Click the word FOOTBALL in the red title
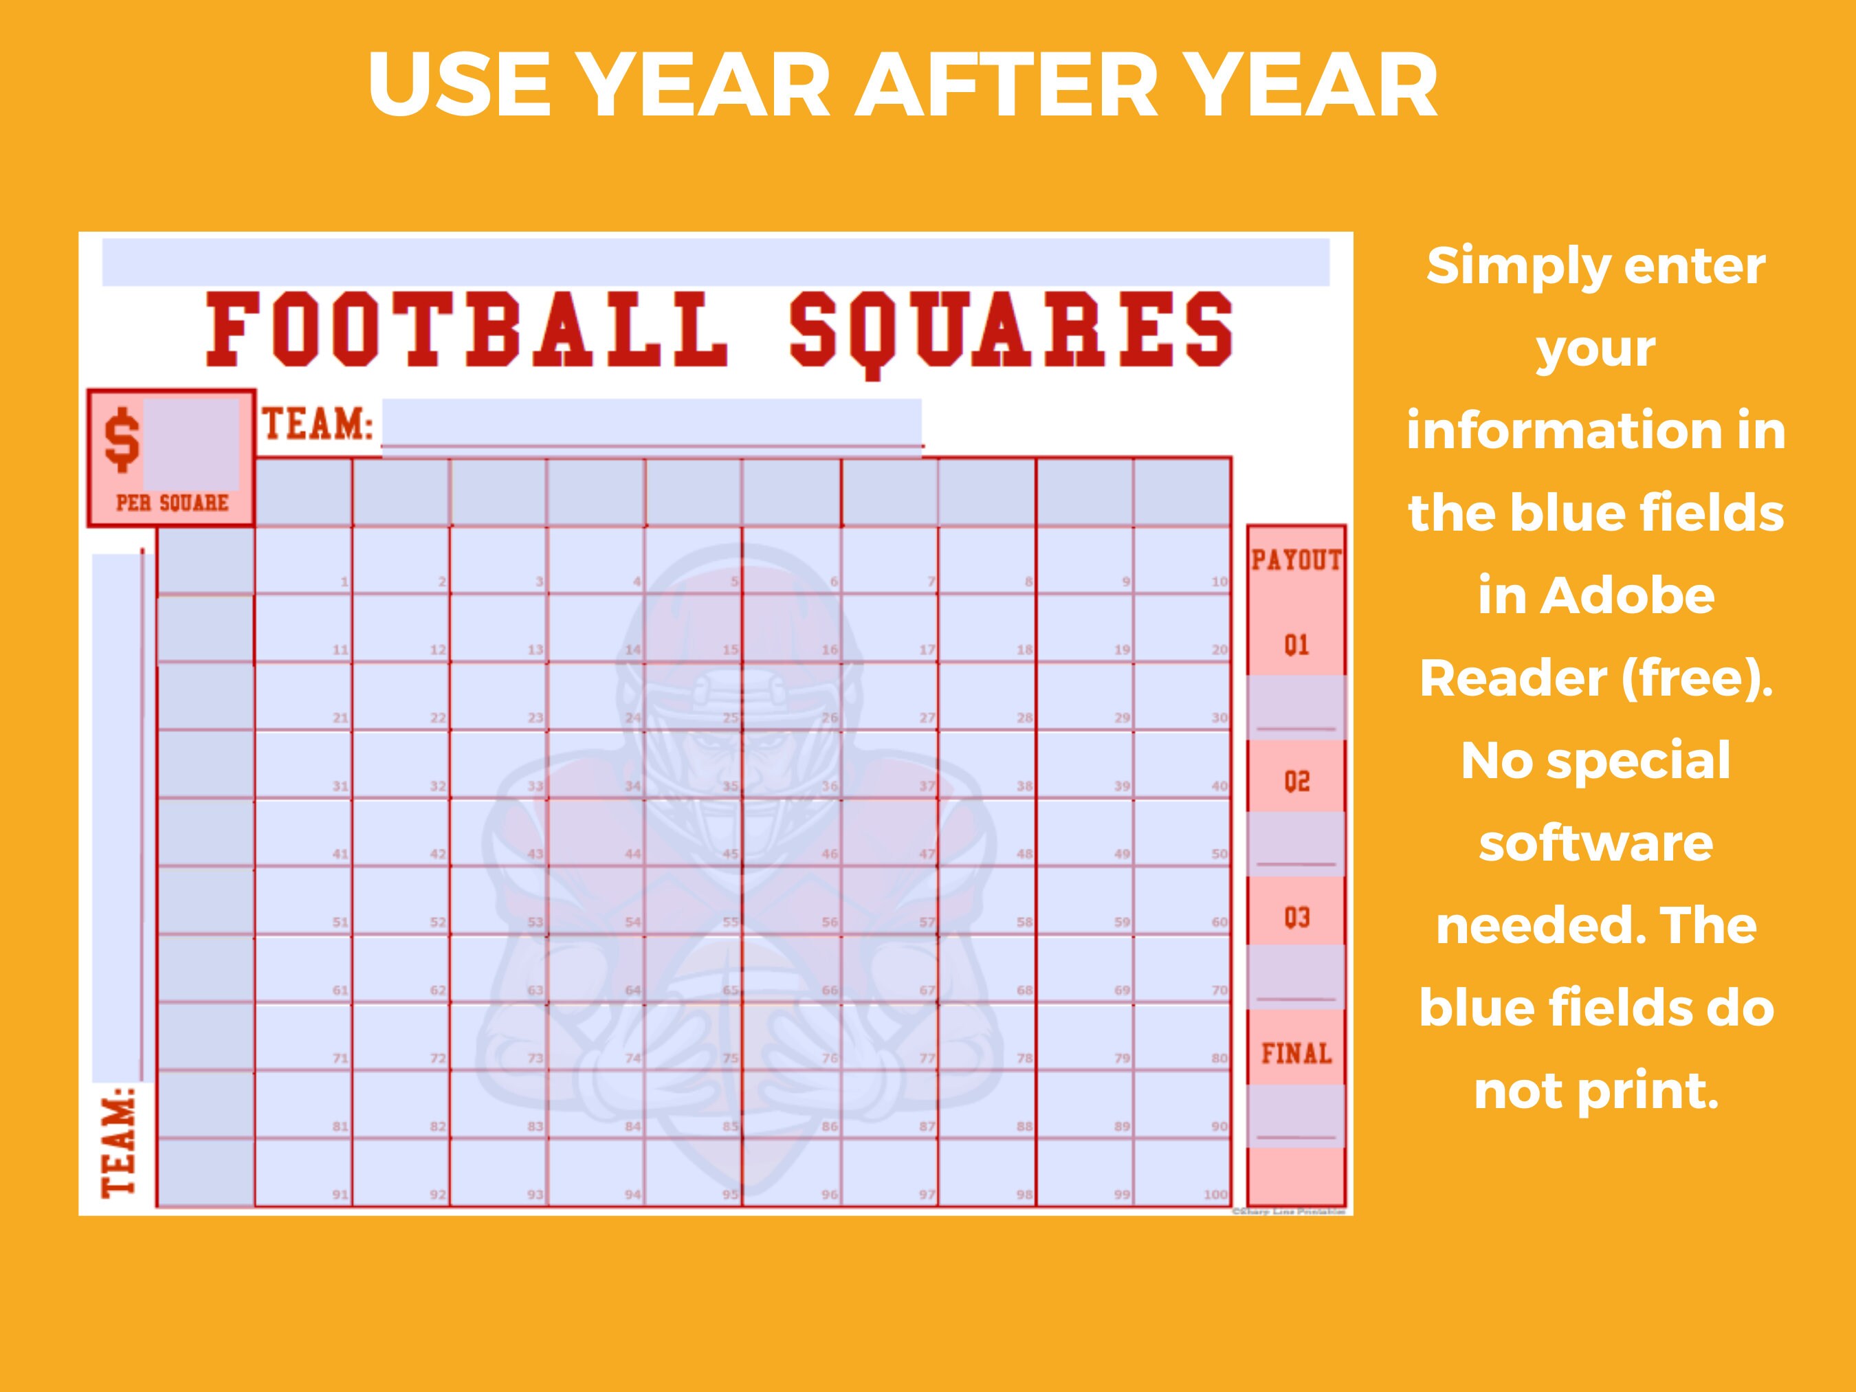(465, 330)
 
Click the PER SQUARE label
(172, 503)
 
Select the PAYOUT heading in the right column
(1296, 560)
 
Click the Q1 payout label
(1296, 645)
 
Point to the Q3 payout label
(1296, 917)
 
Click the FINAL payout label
(1296, 1053)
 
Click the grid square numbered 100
(1182, 1173)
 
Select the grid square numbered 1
(303, 560)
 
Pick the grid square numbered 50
(1182, 832)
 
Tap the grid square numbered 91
(303, 1173)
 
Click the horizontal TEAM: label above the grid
(317, 426)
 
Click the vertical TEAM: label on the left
(118, 1141)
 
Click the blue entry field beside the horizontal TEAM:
(651, 426)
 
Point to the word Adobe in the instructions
(1596, 596)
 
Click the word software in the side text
(1596, 843)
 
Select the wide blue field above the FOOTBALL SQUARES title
(715, 262)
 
